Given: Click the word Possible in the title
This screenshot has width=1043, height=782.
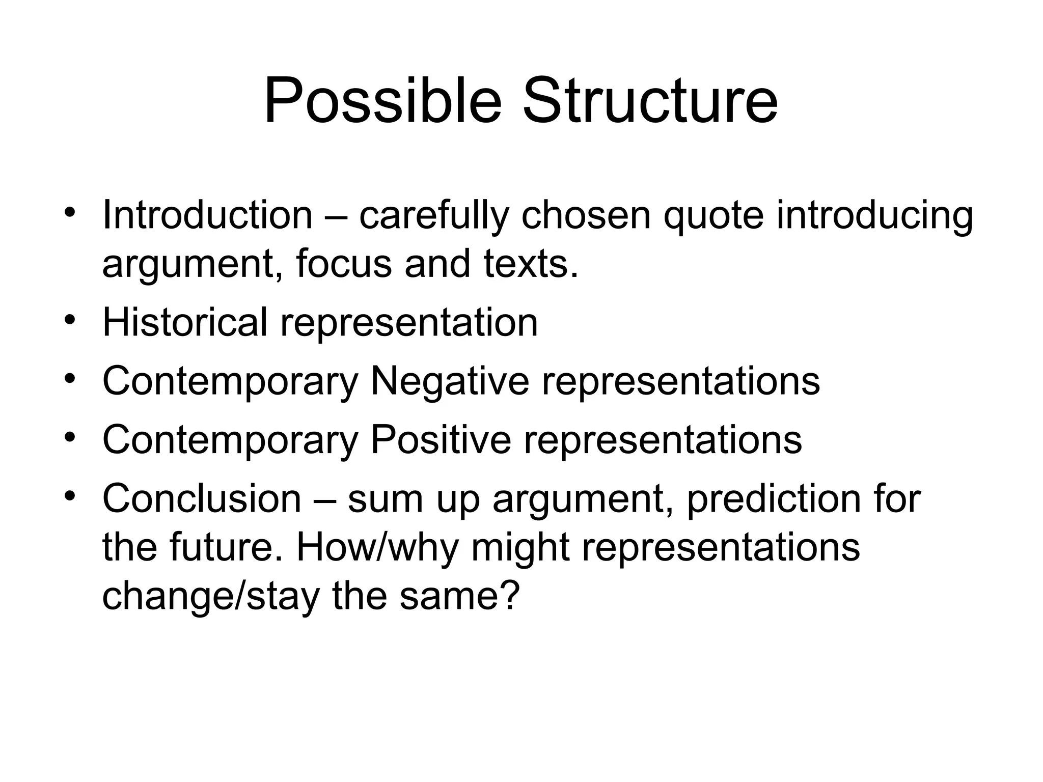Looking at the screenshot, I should [382, 100].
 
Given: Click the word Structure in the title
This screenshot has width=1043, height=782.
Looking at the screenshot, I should [650, 100].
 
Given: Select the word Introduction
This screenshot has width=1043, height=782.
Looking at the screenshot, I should [207, 215].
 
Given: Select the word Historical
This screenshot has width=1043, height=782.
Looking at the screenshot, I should [184, 322].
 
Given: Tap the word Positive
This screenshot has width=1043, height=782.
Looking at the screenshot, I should [441, 440].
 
